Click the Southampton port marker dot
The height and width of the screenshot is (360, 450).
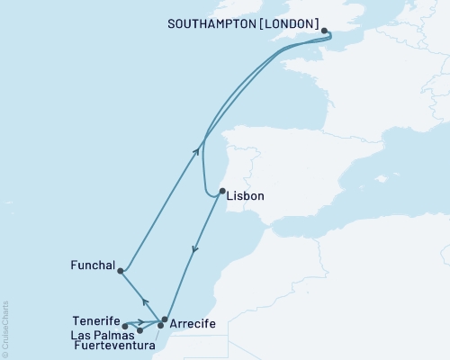click(324, 30)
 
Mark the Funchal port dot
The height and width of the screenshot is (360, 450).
click(121, 271)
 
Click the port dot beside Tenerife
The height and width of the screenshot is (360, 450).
click(125, 327)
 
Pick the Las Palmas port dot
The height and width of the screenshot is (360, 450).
click(139, 330)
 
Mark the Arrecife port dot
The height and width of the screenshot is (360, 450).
click(164, 319)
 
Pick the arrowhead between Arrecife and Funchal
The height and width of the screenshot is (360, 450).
click(145, 301)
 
